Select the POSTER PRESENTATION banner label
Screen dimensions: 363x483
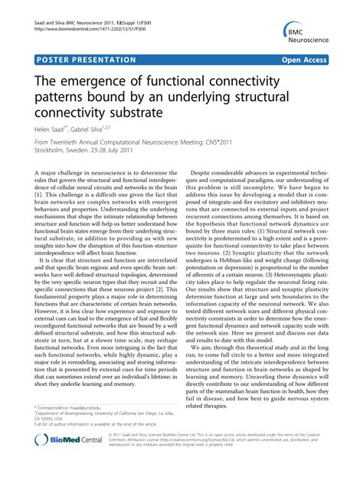pos(86,60)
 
